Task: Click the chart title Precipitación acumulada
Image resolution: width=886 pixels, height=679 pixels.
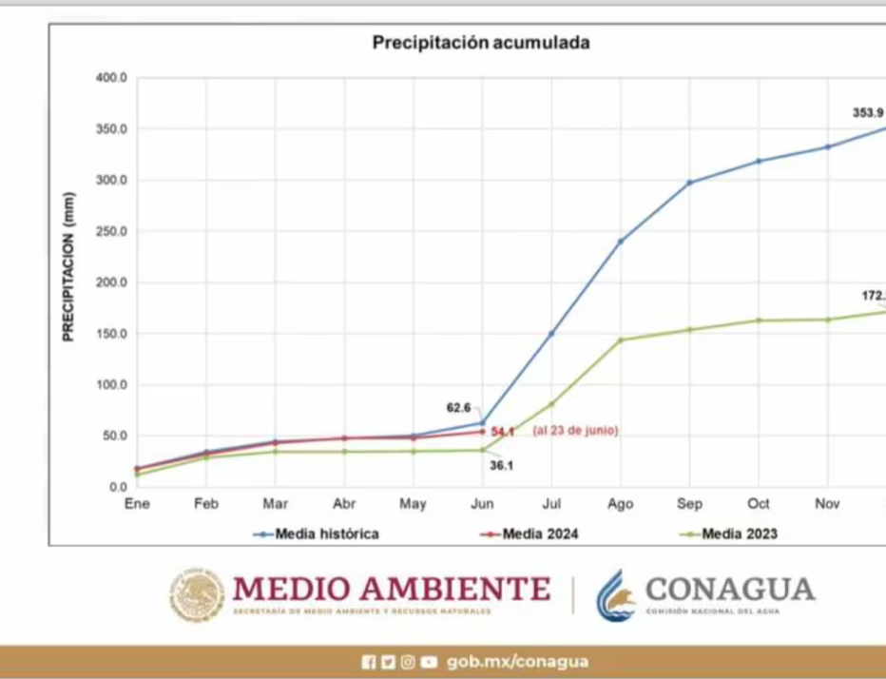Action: [x=480, y=43]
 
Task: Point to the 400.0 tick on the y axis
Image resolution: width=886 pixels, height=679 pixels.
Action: [x=111, y=78]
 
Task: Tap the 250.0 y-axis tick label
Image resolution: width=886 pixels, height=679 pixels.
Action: [x=111, y=232]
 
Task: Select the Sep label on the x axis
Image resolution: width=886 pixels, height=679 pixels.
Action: [x=689, y=504]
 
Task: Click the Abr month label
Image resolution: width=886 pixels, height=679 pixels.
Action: [x=344, y=504]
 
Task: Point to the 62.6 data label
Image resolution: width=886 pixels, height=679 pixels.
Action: [x=458, y=407]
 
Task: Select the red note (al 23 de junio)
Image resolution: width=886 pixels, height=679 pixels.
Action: [x=574, y=431]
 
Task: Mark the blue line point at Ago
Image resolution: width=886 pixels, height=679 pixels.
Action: [x=621, y=242]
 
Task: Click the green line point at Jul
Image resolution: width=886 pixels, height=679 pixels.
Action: [x=551, y=404]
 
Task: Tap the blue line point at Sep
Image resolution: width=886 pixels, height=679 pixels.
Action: [x=689, y=183]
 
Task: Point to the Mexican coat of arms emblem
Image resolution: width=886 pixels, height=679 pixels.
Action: [x=198, y=595]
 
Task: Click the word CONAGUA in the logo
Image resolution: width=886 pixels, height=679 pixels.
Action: [x=730, y=589]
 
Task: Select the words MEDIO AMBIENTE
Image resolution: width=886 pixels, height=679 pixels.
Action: [x=392, y=589]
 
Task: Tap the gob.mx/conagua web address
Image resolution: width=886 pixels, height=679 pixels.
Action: [x=517, y=662]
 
